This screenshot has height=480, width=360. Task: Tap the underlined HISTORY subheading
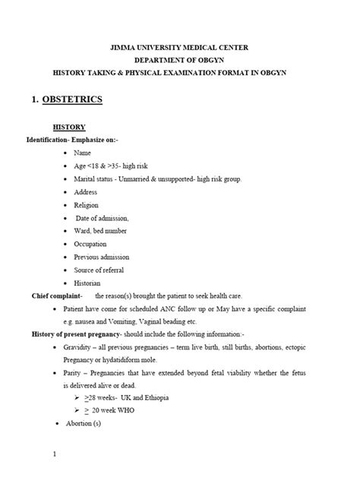(x=68, y=127)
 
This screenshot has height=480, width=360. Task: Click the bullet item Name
(x=83, y=153)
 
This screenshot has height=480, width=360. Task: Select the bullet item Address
(x=87, y=192)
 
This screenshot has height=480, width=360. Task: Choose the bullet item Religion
(x=87, y=205)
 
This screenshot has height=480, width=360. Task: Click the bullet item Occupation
(x=91, y=244)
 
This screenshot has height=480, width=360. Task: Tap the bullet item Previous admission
(x=102, y=257)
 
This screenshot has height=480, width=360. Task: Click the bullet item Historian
(x=89, y=283)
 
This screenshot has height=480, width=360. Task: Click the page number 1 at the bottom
(x=55, y=455)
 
